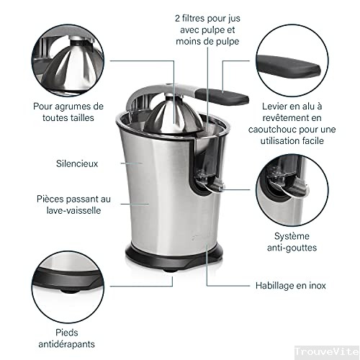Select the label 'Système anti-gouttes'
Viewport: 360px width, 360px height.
pos(296,242)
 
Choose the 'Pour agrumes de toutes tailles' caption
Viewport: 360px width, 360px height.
pos(68,112)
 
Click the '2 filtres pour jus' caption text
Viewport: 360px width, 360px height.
pos(207,17)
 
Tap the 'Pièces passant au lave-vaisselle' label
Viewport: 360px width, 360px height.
pos(73,204)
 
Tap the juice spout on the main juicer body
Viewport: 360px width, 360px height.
pos(210,186)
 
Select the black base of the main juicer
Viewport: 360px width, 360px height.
pos(173,256)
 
